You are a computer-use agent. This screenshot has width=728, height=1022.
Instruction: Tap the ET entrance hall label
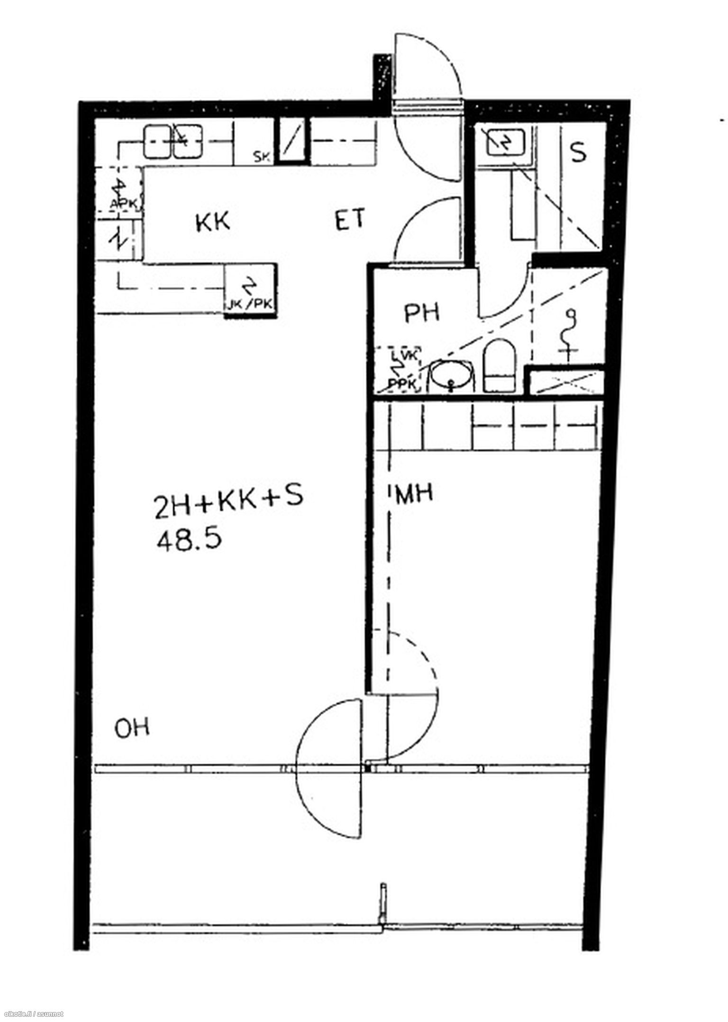click(x=350, y=220)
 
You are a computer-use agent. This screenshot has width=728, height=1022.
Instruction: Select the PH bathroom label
click(x=422, y=313)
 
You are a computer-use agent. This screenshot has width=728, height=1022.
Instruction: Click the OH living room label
click(x=132, y=728)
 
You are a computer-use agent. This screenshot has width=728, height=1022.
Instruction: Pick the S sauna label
click(x=578, y=153)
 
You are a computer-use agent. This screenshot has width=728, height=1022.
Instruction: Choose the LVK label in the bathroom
click(x=405, y=355)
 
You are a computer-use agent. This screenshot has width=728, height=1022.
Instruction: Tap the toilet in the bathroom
click(x=499, y=365)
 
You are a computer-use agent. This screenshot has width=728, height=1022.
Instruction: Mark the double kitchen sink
click(x=173, y=141)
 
